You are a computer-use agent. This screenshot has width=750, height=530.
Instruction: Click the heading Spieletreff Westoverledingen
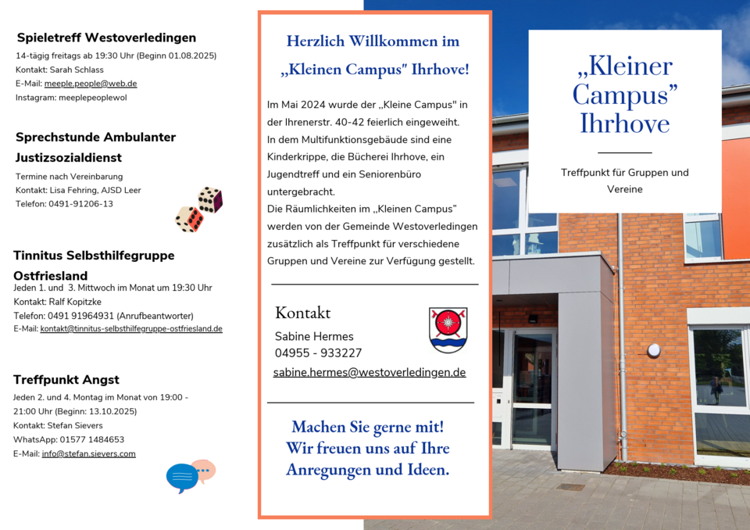(x=106, y=38)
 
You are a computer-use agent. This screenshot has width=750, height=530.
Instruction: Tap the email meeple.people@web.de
(x=91, y=84)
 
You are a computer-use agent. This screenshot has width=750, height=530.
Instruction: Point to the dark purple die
(x=210, y=199)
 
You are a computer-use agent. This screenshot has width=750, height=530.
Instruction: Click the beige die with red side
(x=189, y=219)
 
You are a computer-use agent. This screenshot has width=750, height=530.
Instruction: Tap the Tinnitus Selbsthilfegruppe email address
(x=131, y=329)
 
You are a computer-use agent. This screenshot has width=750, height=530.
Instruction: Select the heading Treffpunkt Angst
(x=66, y=380)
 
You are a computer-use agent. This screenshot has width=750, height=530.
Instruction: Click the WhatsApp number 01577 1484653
(x=91, y=440)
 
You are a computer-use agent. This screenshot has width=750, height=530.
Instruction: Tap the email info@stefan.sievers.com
(x=89, y=454)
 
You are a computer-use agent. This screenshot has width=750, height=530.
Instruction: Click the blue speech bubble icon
(x=182, y=477)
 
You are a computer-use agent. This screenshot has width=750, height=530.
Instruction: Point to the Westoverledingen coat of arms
(x=448, y=330)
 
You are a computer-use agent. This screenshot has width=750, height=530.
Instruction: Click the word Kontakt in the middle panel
(x=303, y=313)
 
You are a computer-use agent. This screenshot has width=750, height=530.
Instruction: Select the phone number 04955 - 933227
(x=318, y=353)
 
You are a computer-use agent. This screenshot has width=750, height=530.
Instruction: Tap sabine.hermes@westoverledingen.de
(x=370, y=373)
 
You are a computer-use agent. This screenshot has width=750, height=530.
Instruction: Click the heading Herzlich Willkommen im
(x=373, y=41)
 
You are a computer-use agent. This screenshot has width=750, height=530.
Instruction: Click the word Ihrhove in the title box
(x=624, y=124)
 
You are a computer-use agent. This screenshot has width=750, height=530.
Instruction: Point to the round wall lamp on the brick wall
(x=654, y=350)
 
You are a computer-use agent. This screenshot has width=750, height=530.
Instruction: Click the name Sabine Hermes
(x=314, y=336)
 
